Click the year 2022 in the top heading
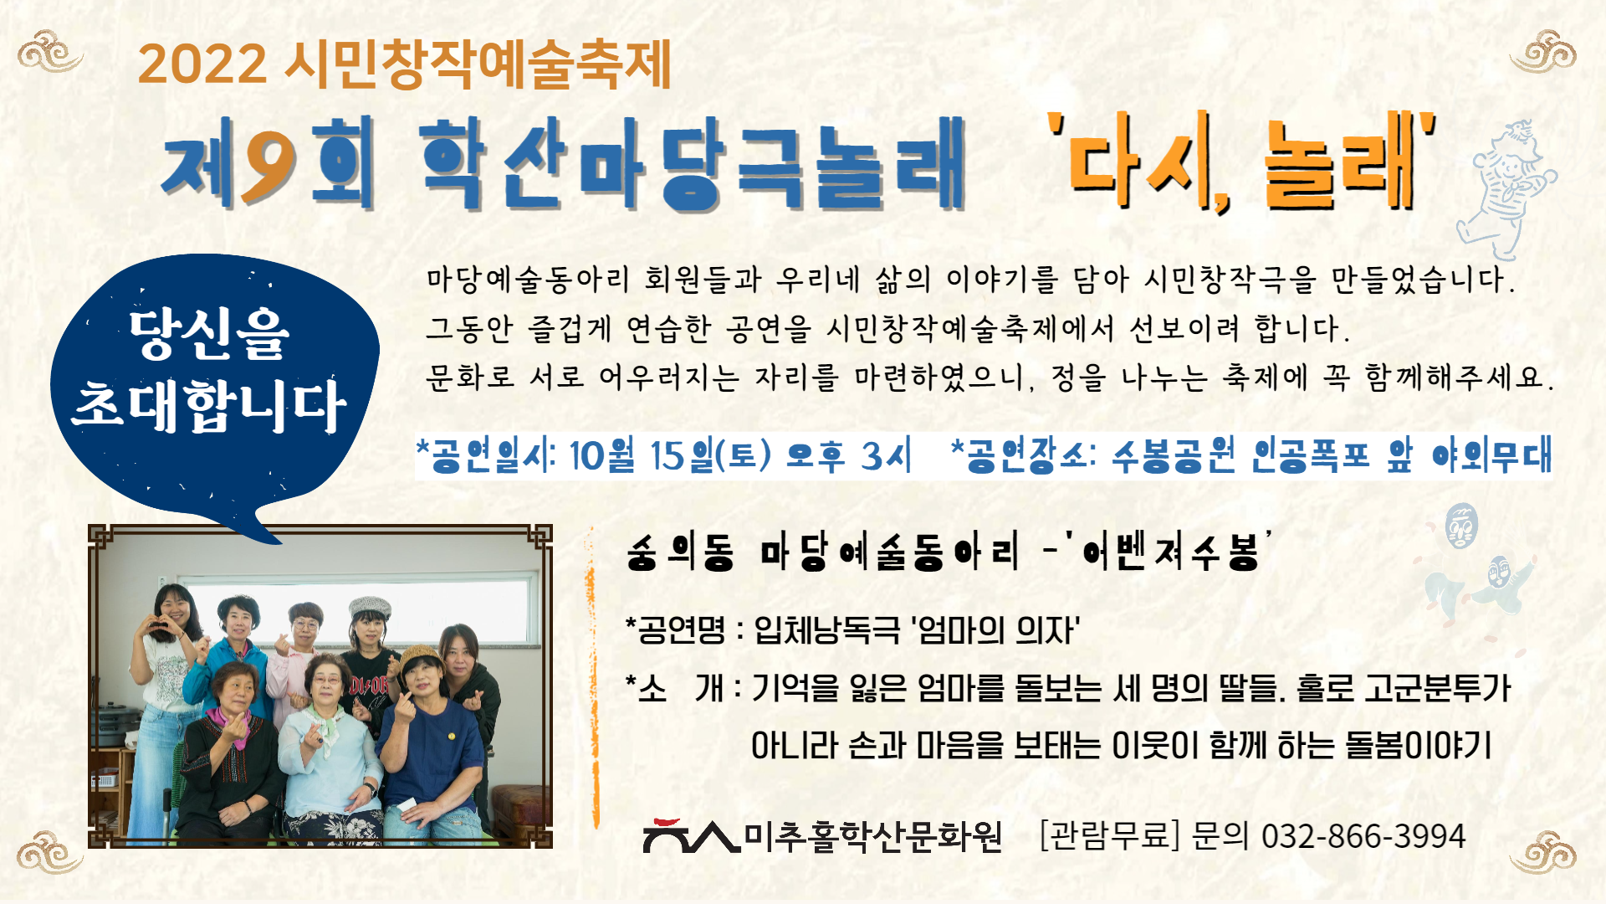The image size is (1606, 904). pyautogui.click(x=202, y=64)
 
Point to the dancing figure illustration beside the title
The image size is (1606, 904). pyautogui.click(x=1506, y=190)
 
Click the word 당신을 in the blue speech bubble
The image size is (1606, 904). pyautogui.click(x=209, y=335)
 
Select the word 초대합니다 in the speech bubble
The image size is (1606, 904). pyautogui.click(x=209, y=407)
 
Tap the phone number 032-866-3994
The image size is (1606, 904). pyautogui.click(x=1363, y=836)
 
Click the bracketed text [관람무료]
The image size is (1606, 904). pyautogui.click(x=1109, y=835)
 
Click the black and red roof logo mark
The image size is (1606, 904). pyautogui.click(x=691, y=835)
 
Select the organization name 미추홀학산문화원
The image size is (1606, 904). pyautogui.click(x=872, y=835)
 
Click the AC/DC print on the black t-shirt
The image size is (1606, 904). pyautogui.click(x=369, y=686)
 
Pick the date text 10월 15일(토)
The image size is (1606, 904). pyautogui.click(x=670, y=456)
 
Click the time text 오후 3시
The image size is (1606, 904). pyautogui.click(x=848, y=456)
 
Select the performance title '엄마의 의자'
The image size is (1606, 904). pyautogui.click(x=995, y=629)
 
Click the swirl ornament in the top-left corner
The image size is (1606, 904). pyautogui.click(x=50, y=52)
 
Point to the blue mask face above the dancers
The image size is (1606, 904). pyautogui.click(x=1461, y=526)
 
